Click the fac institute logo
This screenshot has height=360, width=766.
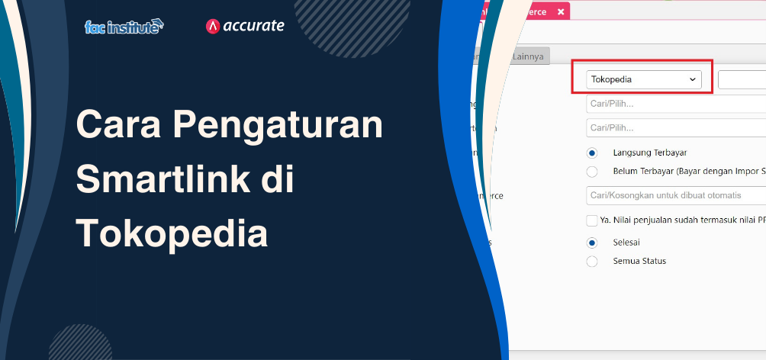124,26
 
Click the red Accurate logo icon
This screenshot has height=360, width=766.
213,26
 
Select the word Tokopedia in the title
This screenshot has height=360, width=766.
172,233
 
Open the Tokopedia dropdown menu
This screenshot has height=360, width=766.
643,79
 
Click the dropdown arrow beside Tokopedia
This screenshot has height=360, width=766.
693,79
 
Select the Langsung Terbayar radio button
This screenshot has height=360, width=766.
592,153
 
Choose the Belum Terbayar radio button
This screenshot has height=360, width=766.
592,172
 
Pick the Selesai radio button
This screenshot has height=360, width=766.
592,243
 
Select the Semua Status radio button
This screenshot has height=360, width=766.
592,261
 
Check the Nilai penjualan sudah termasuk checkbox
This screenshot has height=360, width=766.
592,220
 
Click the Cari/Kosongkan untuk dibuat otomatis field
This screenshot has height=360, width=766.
675,195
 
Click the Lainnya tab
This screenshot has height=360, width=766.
529,56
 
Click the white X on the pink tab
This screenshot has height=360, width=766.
561,12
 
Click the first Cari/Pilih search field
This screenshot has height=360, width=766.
675,104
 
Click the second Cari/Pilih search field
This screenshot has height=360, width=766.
675,127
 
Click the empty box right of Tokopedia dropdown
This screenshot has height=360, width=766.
742,79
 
